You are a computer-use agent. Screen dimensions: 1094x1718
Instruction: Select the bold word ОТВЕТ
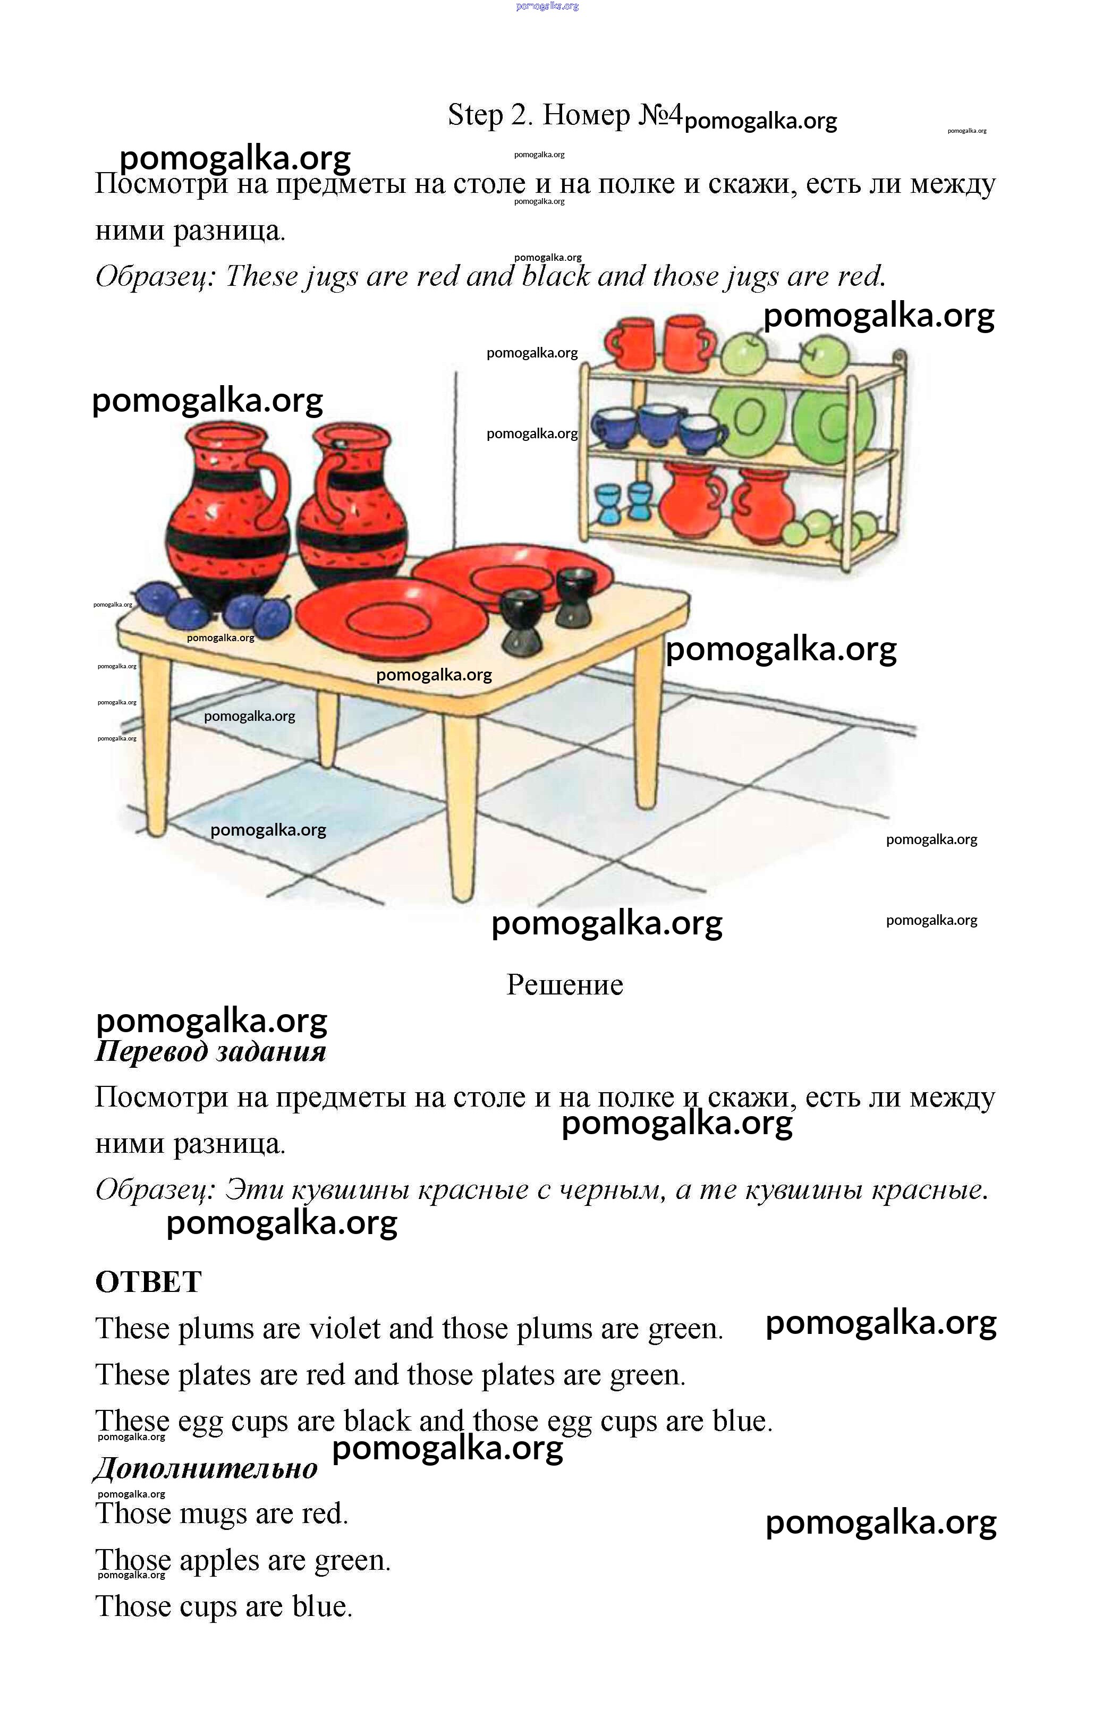[x=148, y=1282]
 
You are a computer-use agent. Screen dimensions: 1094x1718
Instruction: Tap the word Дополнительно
[x=206, y=1468]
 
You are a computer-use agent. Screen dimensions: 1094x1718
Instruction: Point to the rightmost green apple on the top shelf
[x=824, y=354]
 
